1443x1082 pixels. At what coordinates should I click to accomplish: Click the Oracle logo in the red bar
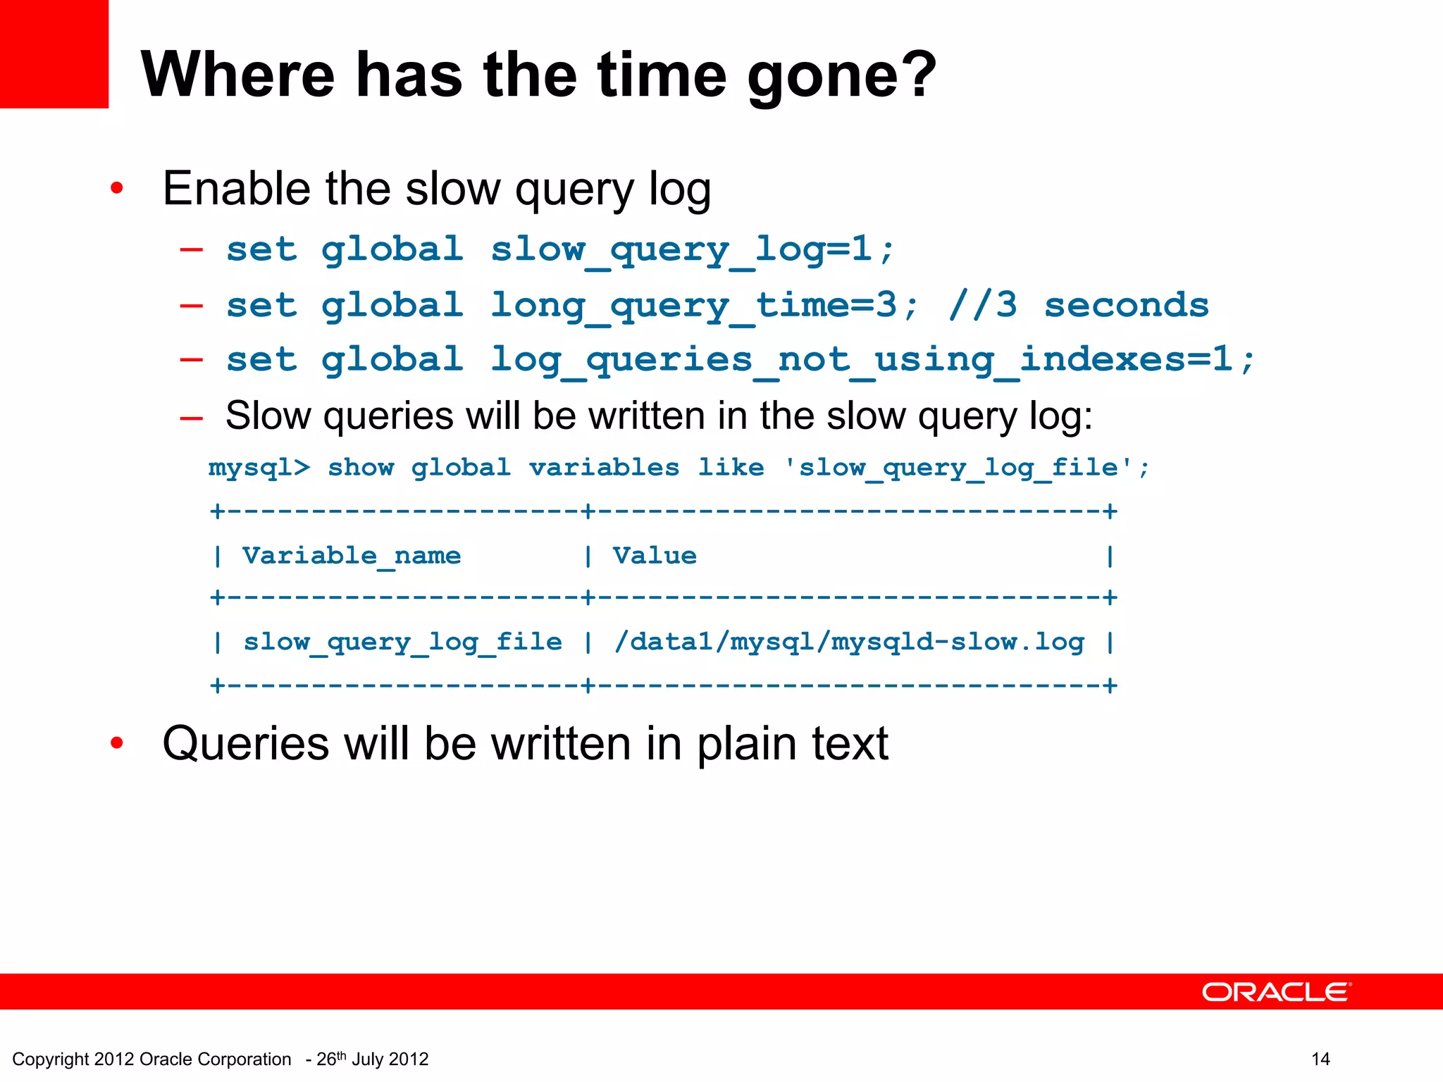pos(1276,992)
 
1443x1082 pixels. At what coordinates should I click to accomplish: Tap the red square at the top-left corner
pos(54,54)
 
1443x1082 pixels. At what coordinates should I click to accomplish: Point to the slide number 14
pos(1320,1059)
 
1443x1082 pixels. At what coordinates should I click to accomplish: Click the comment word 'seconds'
pos(1126,305)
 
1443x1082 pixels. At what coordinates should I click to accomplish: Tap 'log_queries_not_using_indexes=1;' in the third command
pos(872,360)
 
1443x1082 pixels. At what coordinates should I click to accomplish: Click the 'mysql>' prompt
pos(259,468)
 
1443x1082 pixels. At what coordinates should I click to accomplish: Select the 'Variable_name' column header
pos(352,556)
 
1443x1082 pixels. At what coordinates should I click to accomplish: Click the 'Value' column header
pos(655,556)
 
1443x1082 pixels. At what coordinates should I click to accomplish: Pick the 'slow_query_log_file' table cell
pos(402,642)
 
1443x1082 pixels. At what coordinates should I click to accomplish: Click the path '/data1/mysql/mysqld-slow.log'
pos(849,642)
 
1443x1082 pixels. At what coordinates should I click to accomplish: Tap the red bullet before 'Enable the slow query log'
pos(117,189)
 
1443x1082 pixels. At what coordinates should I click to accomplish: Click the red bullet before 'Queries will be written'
pos(117,743)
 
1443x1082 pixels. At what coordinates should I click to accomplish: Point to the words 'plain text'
pos(793,744)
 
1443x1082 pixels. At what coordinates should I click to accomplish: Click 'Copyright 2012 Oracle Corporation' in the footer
pos(151,1059)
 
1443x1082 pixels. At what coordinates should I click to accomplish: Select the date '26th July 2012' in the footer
pos(373,1059)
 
